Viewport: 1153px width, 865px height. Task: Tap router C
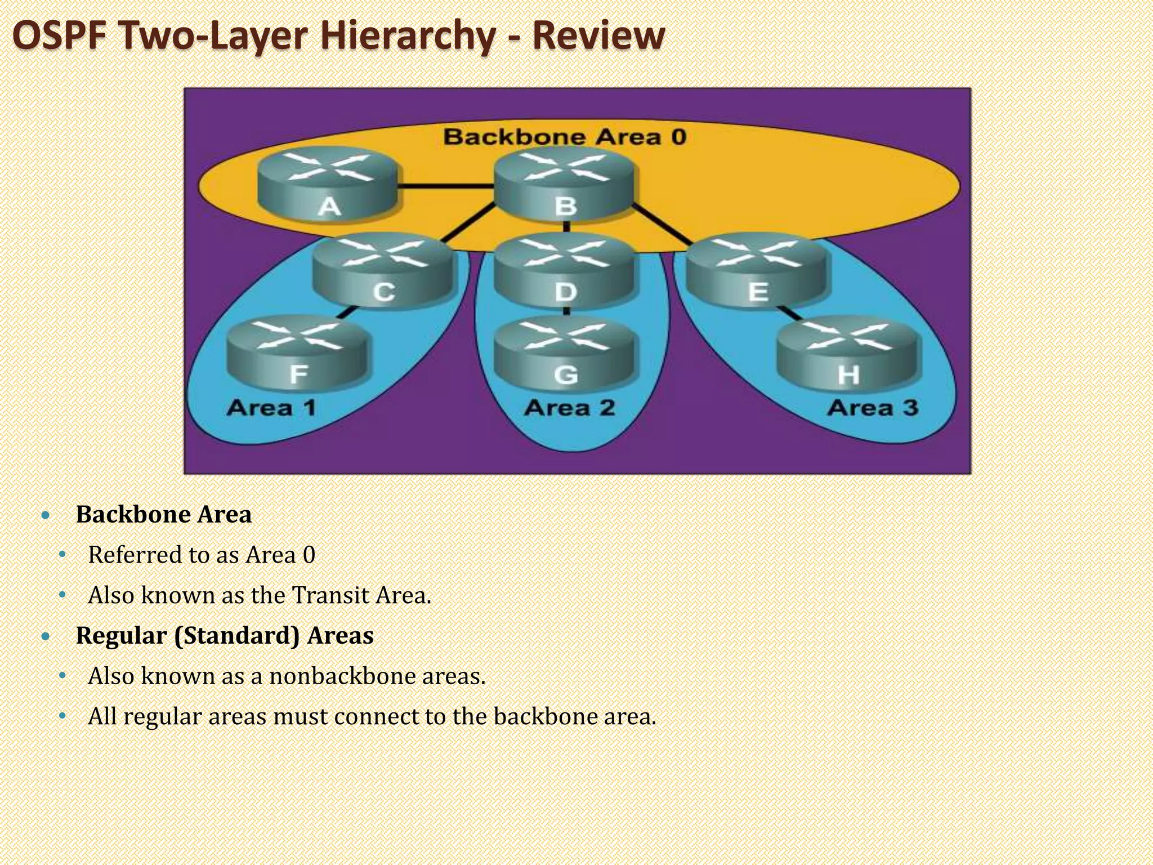click(383, 271)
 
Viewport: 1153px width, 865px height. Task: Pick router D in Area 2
click(565, 271)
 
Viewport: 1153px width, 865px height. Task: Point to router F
click(298, 355)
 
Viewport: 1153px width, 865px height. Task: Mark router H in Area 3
click(848, 356)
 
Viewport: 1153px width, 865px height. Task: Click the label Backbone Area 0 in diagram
click(565, 137)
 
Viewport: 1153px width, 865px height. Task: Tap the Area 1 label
click(271, 407)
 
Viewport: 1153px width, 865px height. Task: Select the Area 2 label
click(569, 407)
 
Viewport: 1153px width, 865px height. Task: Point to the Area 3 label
click(872, 407)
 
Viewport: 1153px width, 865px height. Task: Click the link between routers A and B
click(446, 186)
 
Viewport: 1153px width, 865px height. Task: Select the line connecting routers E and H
click(791, 314)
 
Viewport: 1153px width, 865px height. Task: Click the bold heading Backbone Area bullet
click(163, 514)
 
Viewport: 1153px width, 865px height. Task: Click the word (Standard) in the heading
click(236, 636)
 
